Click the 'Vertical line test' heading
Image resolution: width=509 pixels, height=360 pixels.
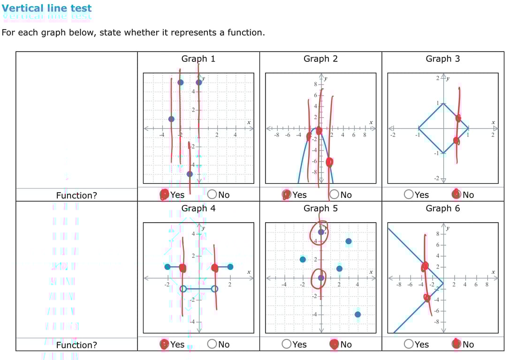(47, 8)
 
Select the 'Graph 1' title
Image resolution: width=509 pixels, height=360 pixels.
(198, 59)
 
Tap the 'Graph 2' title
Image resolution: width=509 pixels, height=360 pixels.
(320, 59)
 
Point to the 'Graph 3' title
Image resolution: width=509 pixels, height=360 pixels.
(442, 59)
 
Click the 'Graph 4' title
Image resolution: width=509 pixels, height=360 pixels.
(198, 208)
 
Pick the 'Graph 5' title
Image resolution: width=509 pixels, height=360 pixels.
(320, 208)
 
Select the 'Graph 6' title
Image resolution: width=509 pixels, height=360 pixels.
(442, 208)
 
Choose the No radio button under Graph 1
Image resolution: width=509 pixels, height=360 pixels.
(212, 195)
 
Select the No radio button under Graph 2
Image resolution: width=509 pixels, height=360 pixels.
(334, 195)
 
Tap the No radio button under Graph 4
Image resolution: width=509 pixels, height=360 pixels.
(212, 345)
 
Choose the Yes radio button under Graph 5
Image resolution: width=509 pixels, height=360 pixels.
(287, 345)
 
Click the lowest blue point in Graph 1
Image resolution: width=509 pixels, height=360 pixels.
(190, 174)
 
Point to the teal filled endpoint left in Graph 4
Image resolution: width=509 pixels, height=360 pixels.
(167, 267)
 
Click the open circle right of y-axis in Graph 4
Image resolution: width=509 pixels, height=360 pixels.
(214, 289)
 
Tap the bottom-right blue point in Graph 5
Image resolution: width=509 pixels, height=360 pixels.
(358, 315)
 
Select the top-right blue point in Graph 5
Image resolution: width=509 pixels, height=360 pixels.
(349, 241)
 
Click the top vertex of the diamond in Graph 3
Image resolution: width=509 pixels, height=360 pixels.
(443, 103)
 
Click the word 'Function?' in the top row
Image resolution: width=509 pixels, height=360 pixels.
(76, 195)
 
